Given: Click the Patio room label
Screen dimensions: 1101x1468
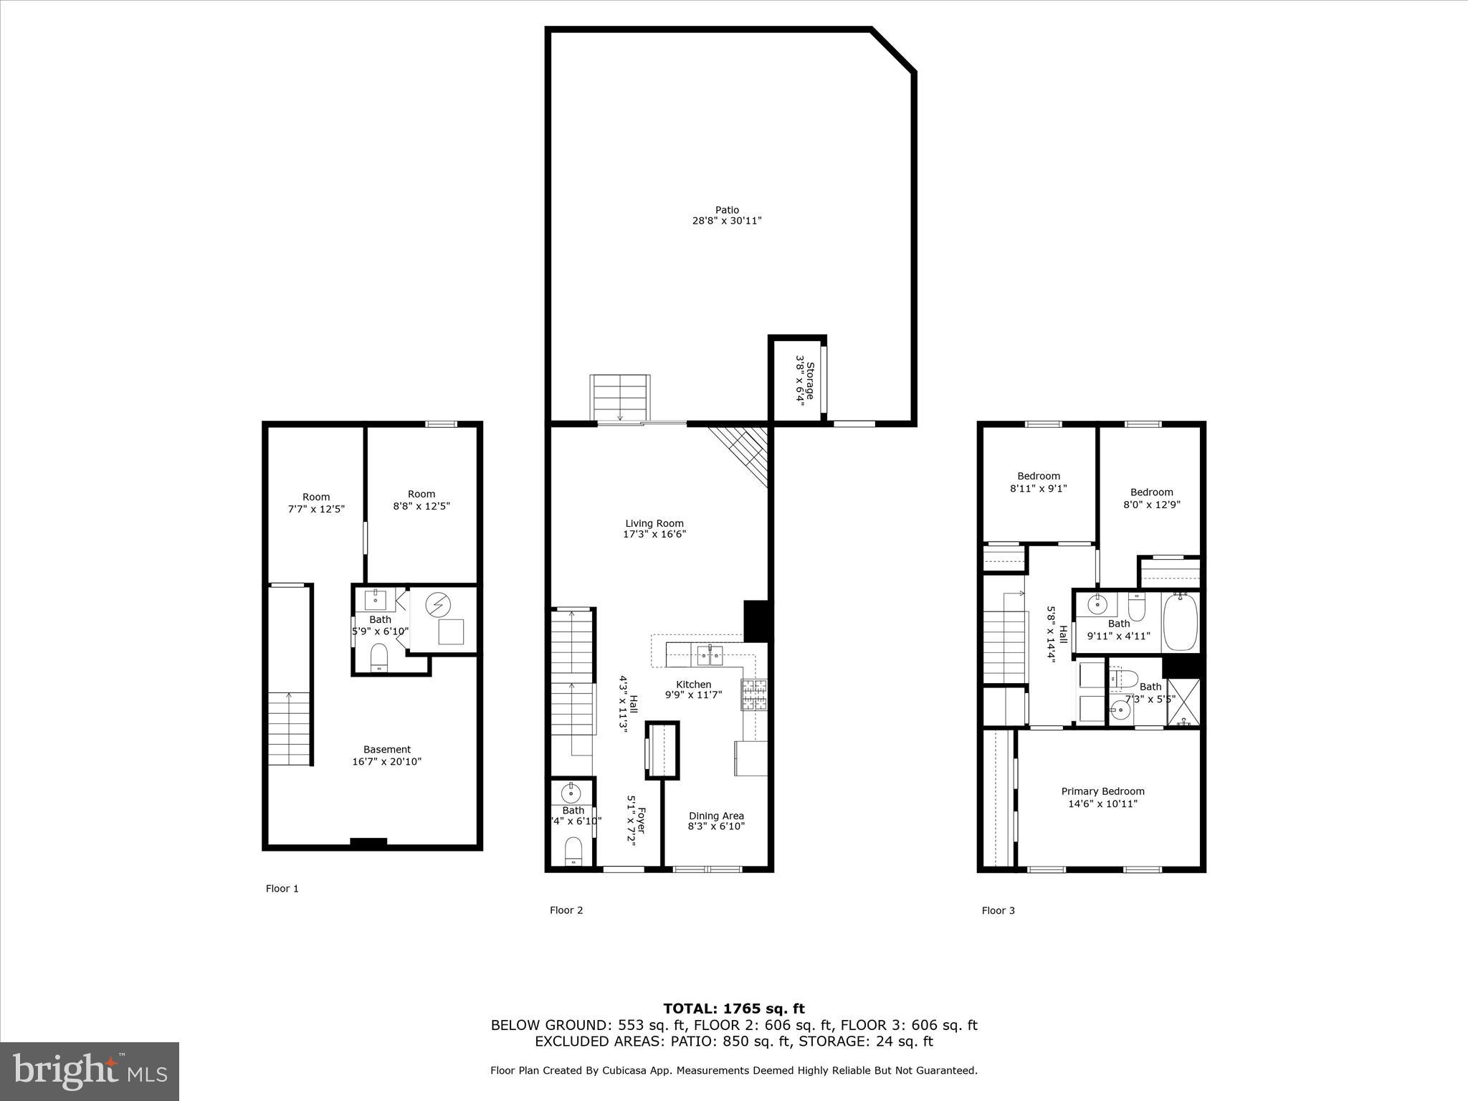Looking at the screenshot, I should (x=726, y=216).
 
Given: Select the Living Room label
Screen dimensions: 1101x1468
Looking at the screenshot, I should (x=654, y=528).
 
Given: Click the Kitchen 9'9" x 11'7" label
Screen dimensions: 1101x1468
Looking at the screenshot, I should (x=693, y=690).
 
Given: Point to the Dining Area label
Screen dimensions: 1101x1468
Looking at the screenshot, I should (x=716, y=821).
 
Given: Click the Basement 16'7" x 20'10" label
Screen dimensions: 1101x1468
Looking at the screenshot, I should (x=386, y=756).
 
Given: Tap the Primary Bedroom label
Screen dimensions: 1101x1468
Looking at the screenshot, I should (x=1102, y=797).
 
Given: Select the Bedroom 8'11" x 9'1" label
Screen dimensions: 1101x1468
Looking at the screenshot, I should (x=1039, y=482).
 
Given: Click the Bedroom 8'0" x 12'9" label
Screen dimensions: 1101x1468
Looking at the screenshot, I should (x=1151, y=498).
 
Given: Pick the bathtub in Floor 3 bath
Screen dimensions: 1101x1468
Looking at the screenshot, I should (x=1180, y=621).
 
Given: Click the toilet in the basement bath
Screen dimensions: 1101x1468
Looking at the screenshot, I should (x=379, y=657).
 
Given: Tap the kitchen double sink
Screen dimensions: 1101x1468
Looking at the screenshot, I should (x=710, y=654).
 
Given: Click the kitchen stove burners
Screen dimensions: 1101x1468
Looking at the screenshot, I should (x=753, y=694).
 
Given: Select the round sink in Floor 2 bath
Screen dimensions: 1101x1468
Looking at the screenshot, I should (x=571, y=793).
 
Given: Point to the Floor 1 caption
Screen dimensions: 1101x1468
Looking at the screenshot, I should (x=282, y=889).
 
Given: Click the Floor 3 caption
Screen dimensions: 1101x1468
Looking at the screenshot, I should (x=998, y=911).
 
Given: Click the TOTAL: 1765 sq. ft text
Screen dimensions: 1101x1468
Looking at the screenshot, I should (x=733, y=1009).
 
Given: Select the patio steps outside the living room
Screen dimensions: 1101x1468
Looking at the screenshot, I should (x=619, y=397).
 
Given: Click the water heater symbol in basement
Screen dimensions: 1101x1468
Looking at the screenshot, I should (x=436, y=606).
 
